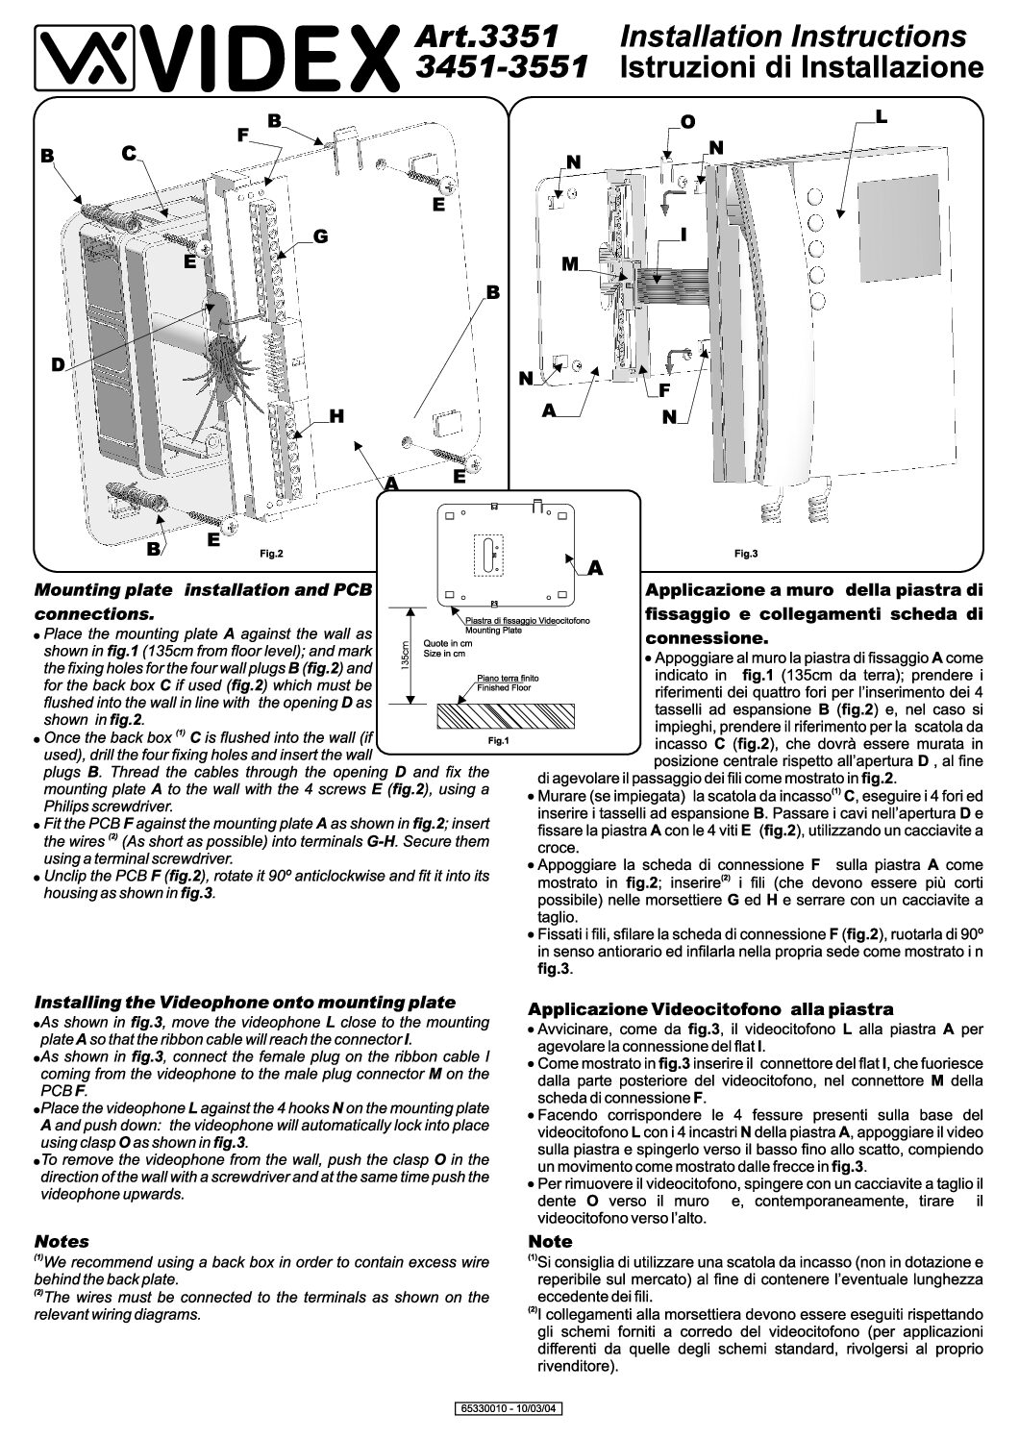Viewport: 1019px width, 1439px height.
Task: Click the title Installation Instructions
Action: pyautogui.click(x=792, y=37)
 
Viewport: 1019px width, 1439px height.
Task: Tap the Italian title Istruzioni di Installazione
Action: pyautogui.click(x=802, y=68)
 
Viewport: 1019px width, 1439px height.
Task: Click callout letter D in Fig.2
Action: pyautogui.click(x=58, y=365)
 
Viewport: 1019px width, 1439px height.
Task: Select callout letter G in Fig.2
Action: pyautogui.click(x=320, y=236)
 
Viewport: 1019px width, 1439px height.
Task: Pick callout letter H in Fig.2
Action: pyautogui.click(x=336, y=415)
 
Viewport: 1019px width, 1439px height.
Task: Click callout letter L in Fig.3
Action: pyautogui.click(x=881, y=116)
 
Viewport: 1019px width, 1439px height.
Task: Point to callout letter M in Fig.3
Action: pyautogui.click(x=570, y=263)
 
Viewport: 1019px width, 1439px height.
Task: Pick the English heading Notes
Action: pyautogui.click(x=62, y=1241)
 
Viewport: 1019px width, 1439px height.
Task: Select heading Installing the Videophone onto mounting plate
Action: pyautogui.click(x=244, y=1002)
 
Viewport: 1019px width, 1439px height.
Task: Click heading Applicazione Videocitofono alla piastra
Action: pyautogui.click(x=710, y=1009)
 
